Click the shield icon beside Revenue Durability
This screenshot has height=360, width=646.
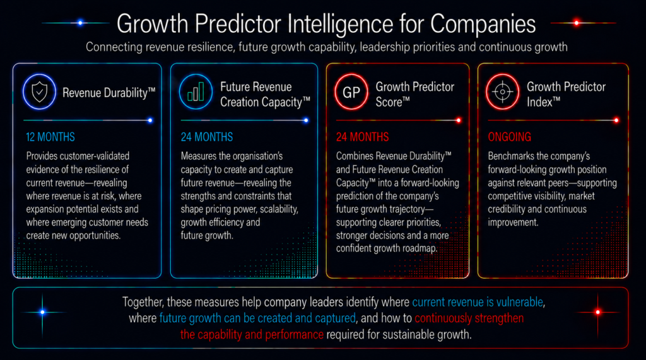click(39, 92)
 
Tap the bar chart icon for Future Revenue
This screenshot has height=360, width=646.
click(196, 91)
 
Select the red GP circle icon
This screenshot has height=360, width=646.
click(351, 92)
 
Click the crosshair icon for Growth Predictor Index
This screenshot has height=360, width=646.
click(503, 92)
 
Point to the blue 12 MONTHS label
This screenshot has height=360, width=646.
click(50, 137)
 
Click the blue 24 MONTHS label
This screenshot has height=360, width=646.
click(207, 137)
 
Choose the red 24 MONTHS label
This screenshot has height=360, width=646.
click(363, 137)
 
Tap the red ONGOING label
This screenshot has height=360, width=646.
click(510, 137)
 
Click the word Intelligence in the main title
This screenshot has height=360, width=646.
click(340, 24)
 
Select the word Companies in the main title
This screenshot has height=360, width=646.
click(483, 24)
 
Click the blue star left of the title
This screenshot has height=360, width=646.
click(80, 23)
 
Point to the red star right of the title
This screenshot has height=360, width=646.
click(577, 23)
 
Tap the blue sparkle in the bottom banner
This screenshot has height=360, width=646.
click(42, 312)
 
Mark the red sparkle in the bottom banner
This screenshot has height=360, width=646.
click(598, 312)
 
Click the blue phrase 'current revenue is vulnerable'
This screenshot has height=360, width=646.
click(478, 303)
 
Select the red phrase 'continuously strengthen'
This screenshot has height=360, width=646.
click(469, 318)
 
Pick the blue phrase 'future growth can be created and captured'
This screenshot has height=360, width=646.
click(257, 318)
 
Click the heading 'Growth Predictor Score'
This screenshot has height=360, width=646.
click(415, 95)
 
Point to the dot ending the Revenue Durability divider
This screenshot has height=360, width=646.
click(150, 120)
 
